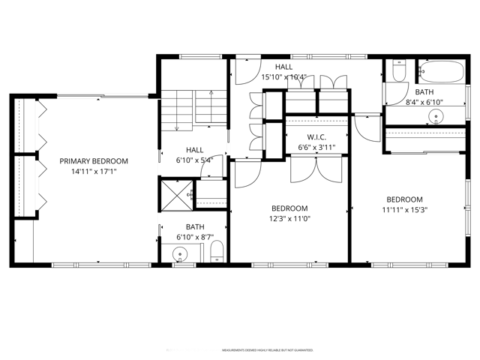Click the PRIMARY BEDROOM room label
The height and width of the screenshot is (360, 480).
94,160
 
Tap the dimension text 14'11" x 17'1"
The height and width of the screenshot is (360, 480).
94,171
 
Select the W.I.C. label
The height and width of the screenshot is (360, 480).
315,138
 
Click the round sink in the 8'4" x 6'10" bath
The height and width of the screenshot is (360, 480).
436,115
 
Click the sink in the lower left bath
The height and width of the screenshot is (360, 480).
181,255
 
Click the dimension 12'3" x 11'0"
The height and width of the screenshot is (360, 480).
289,219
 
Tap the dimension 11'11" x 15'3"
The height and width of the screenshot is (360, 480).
404,210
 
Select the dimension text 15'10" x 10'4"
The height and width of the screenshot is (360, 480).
283,77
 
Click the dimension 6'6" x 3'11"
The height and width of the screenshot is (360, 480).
315,148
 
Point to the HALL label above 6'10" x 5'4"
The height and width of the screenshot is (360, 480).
194,149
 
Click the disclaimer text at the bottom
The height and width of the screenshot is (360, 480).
268,350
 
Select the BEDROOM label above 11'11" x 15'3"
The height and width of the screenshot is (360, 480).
404,199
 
